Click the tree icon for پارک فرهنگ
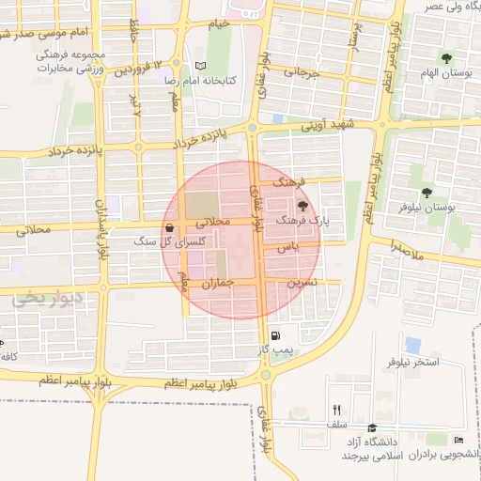[303, 206]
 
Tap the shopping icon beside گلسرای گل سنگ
[168, 227]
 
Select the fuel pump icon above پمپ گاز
[274, 336]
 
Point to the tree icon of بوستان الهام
[446, 57]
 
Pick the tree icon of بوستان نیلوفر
[427, 192]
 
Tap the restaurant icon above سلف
[336, 410]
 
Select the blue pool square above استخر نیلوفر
[413, 345]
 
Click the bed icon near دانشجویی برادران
[458, 440]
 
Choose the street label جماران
[217, 282]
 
